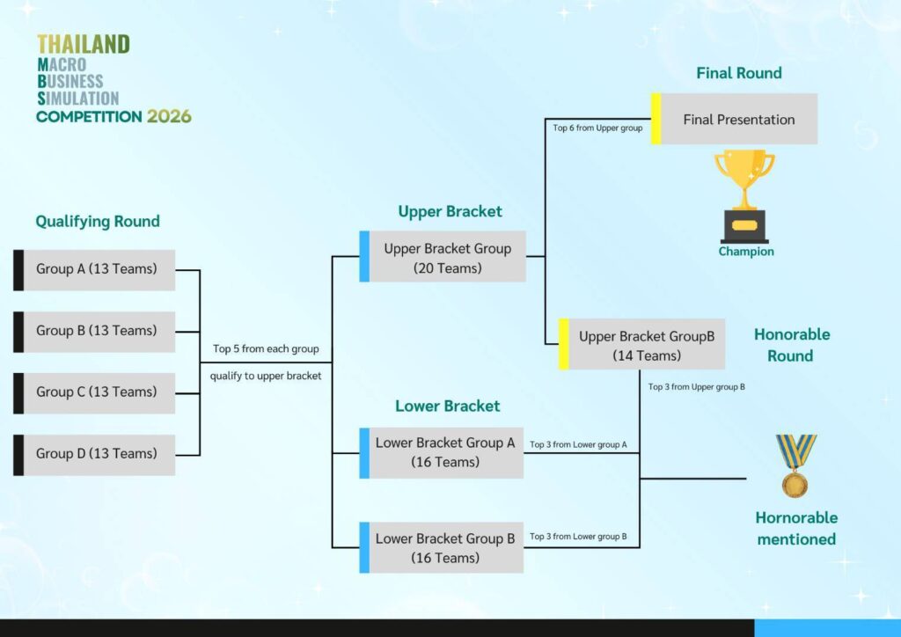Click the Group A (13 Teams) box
94,270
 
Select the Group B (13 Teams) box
94,332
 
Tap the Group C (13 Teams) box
94,393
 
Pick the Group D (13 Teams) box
94,455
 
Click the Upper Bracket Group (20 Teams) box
443,256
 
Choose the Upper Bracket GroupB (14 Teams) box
641,344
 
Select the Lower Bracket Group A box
442,452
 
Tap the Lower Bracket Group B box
442,547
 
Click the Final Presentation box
735,119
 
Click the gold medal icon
795,465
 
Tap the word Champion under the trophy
746,252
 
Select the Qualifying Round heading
98,222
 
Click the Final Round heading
739,73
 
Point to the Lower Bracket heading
448,406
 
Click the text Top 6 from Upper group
597,128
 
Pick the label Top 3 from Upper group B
697,387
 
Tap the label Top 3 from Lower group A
578,444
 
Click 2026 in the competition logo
169,117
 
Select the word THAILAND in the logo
84,44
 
